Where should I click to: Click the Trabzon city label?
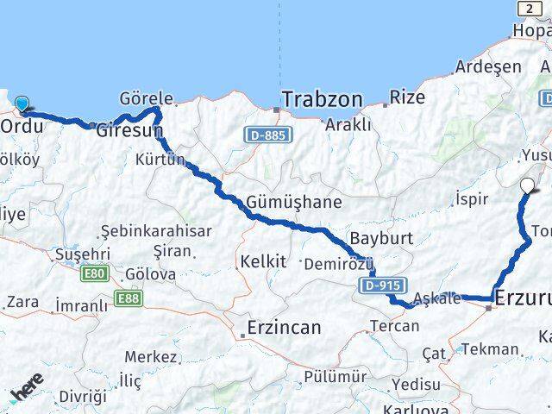click(321, 99)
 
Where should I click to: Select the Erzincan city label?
click(283, 328)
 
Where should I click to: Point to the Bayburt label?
click(383, 238)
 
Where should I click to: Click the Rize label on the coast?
click(407, 97)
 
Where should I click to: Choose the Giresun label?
click(129, 131)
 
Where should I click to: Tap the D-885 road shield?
click(268, 135)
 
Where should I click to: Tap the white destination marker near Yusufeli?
click(528, 184)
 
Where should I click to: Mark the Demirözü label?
click(337, 261)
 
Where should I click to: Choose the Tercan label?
click(394, 325)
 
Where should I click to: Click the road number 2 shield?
click(528, 8)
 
